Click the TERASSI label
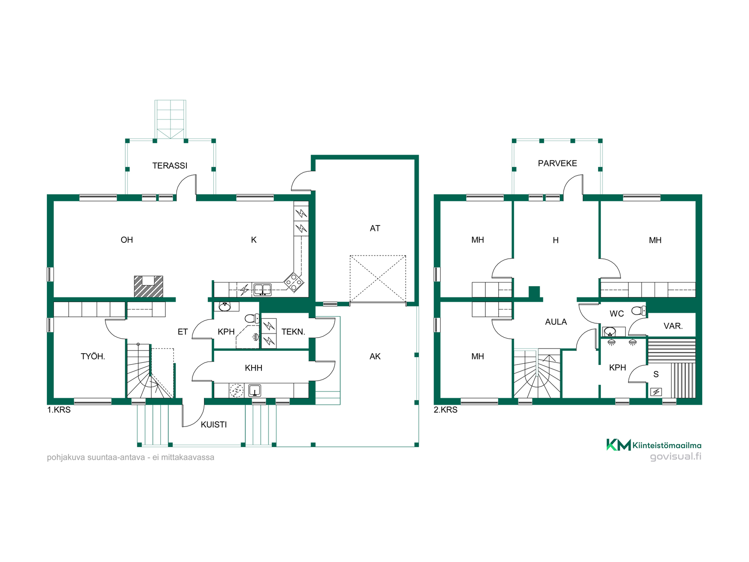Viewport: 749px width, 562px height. coord(170,165)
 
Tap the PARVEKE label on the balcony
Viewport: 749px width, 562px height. coord(557,163)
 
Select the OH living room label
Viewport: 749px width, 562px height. coord(127,240)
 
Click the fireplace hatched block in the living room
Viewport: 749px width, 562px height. coord(148,286)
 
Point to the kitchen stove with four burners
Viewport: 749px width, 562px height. coord(294,282)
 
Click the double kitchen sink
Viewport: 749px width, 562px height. coord(263,290)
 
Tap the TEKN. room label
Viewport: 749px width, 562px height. coord(293,332)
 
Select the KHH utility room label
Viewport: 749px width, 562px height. coord(254,368)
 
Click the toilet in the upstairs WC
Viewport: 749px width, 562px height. coord(639,311)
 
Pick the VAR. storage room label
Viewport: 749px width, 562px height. coord(673,326)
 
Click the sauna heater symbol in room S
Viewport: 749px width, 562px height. coord(656,392)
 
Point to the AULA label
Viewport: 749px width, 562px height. coord(556,322)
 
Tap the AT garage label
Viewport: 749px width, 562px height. coord(375,228)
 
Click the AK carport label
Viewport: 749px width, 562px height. coord(375,356)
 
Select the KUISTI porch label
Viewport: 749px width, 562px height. coord(214,425)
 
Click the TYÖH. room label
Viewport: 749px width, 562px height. coord(93,356)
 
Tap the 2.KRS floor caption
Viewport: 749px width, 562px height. coord(445,410)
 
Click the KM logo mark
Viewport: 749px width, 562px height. coord(619,445)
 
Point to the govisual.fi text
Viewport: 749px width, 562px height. coord(676,457)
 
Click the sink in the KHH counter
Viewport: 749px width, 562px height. coord(255,390)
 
